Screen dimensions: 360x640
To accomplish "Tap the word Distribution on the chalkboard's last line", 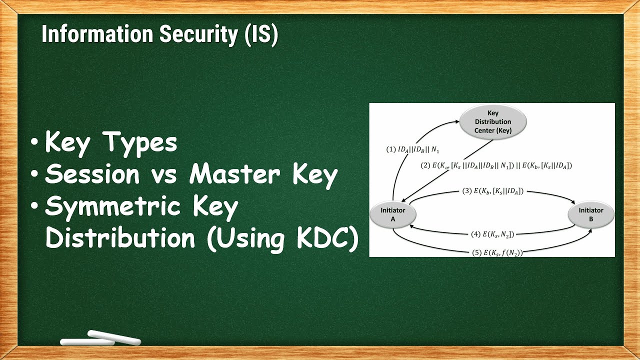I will click(x=120, y=238).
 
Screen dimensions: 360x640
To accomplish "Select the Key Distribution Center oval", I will click(x=492, y=121).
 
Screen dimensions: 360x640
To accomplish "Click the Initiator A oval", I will click(x=392, y=214).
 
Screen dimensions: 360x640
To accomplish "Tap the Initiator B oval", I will click(x=591, y=214).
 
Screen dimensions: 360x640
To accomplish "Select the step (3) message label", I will click(x=493, y=191).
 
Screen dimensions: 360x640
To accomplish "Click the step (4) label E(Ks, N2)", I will click(x=493, y=233).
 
